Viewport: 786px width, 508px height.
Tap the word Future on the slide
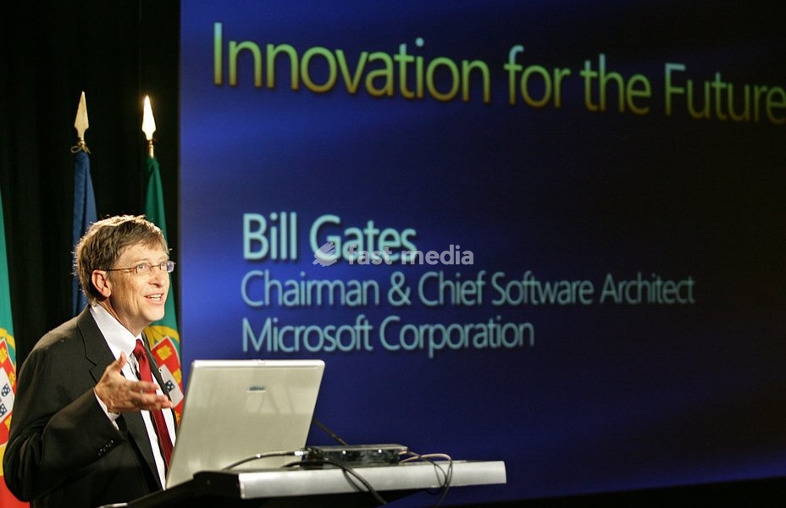tap(725, 92)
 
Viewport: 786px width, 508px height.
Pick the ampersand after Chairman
tap(398, 290)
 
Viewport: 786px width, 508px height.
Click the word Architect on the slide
tap(647, 289)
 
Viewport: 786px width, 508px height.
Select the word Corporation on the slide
tap(457, 334)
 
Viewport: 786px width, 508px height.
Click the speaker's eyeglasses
tap(141, 268)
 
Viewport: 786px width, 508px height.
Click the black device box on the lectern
tap(356, 453)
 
